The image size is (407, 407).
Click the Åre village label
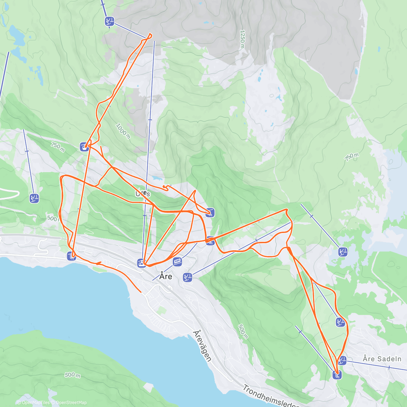coord(166,276)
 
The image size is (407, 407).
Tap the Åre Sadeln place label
coord(382,359)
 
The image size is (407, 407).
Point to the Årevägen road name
coord(202,346)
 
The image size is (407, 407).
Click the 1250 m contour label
coord(242,39)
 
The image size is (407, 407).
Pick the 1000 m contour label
coord(123,131)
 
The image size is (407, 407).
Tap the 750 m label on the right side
coord(352,157)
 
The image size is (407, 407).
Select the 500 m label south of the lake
coord(72,375)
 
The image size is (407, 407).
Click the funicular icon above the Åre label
coord(177,261)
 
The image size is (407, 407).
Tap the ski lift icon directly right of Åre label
coord(188,277)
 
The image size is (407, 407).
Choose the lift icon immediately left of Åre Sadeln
coord(342,360)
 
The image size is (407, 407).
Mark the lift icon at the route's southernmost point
coord(337,375)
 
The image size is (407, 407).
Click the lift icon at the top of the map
coord(109,21)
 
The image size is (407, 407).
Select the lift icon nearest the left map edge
coord(34,198)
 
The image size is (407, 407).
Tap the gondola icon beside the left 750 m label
coord(84,147)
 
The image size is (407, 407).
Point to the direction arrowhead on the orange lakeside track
coord(98,263)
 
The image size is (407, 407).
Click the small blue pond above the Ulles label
coord(156,178)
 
